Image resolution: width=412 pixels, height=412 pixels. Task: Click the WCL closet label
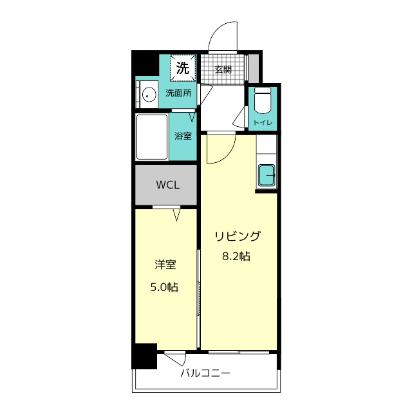coord(168,185)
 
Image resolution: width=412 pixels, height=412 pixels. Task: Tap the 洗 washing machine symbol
coord(183,68)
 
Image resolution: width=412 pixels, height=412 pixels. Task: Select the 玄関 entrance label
coord(223,70)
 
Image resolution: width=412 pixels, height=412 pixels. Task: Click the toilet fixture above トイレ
coord(263,101)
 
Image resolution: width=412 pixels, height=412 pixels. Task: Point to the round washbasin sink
coord(149,95)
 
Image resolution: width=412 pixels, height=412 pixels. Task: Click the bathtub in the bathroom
coord(152,137)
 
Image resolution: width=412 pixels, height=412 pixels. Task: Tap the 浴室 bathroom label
coord(183,136)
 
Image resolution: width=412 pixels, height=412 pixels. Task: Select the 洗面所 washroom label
coord(179,93)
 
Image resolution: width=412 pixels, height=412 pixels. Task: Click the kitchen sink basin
coord(267,175)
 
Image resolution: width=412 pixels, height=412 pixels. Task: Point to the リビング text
coord(238,236)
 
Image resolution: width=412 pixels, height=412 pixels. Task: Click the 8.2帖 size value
coord(236,256)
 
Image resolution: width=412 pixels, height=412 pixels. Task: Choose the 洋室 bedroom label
coord(165,265)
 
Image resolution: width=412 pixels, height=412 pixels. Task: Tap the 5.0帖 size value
coord(165,287)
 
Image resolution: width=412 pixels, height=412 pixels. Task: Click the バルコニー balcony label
coord(205,373)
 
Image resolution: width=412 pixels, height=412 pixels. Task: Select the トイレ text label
coord(263,123)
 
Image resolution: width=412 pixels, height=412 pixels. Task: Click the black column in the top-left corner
coord(145,63)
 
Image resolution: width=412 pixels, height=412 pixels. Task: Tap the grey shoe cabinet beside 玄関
coord(254,68)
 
